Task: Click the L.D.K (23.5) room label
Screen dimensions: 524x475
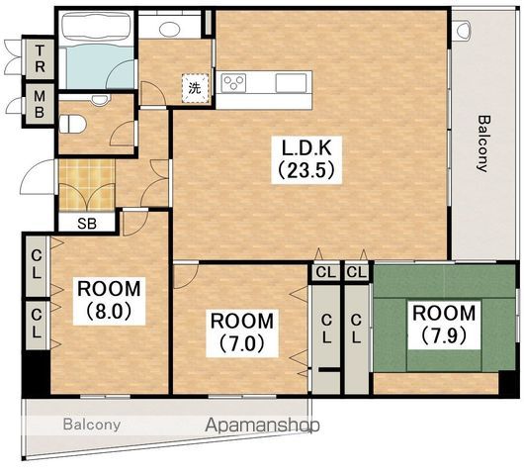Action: pos(307,160)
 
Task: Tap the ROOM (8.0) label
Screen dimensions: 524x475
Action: pos(110,301)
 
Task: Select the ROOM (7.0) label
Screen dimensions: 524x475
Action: pos(242,332)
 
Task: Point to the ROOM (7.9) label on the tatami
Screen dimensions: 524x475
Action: pos(444,325)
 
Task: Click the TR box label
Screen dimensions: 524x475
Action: pos(40,59)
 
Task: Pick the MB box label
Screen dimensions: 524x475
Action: pos(40,104)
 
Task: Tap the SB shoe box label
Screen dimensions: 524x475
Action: pos(87,223)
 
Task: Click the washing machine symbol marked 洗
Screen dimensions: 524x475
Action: pos(196,88)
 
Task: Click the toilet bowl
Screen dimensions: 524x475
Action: pos(73,124)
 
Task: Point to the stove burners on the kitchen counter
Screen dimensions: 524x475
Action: pos(234,83)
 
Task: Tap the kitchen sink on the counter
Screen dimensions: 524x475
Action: pos(291,82)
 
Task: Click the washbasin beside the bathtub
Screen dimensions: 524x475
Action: pos(170,29)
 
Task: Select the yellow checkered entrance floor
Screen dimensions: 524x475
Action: pos(87,185)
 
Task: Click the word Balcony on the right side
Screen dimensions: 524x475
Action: pos(483,143)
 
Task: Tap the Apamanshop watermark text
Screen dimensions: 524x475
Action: pos(262,426)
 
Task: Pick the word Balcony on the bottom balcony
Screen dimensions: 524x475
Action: pos(92,425)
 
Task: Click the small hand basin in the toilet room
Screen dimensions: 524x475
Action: pos(101,99)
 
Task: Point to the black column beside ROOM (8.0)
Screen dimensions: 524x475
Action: pos(37,374)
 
